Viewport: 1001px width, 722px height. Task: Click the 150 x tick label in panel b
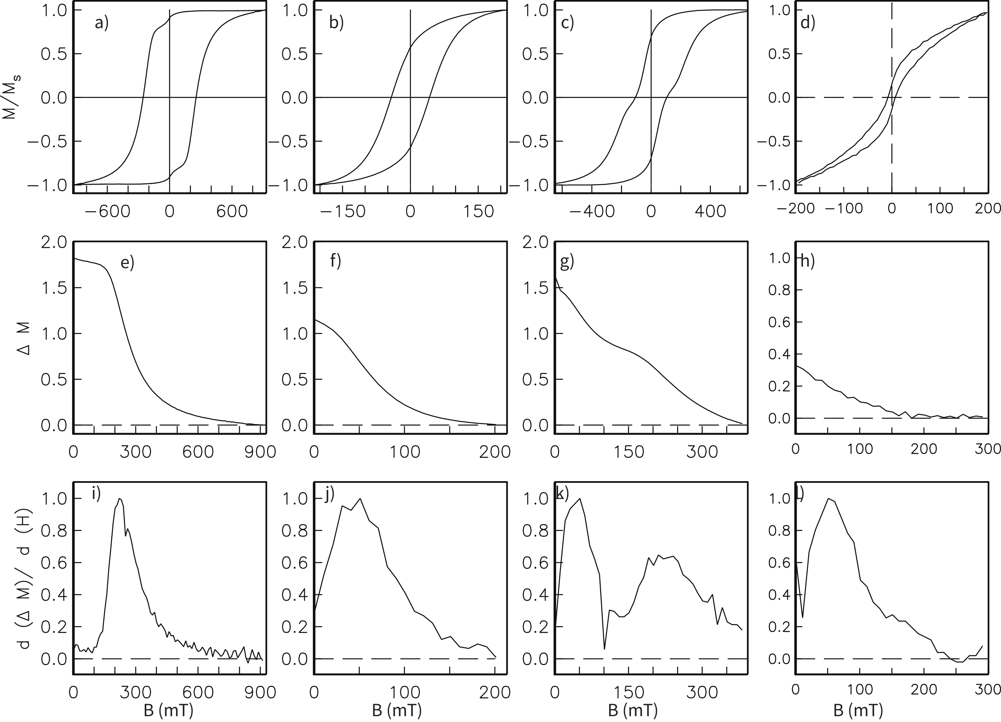point(479,212)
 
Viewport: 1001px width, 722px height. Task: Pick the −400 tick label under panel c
point(591,212)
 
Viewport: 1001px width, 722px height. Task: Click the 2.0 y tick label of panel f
point(294,242)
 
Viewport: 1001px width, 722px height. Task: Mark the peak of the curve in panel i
point(120,498)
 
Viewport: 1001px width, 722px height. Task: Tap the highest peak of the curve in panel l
point(828,498)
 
